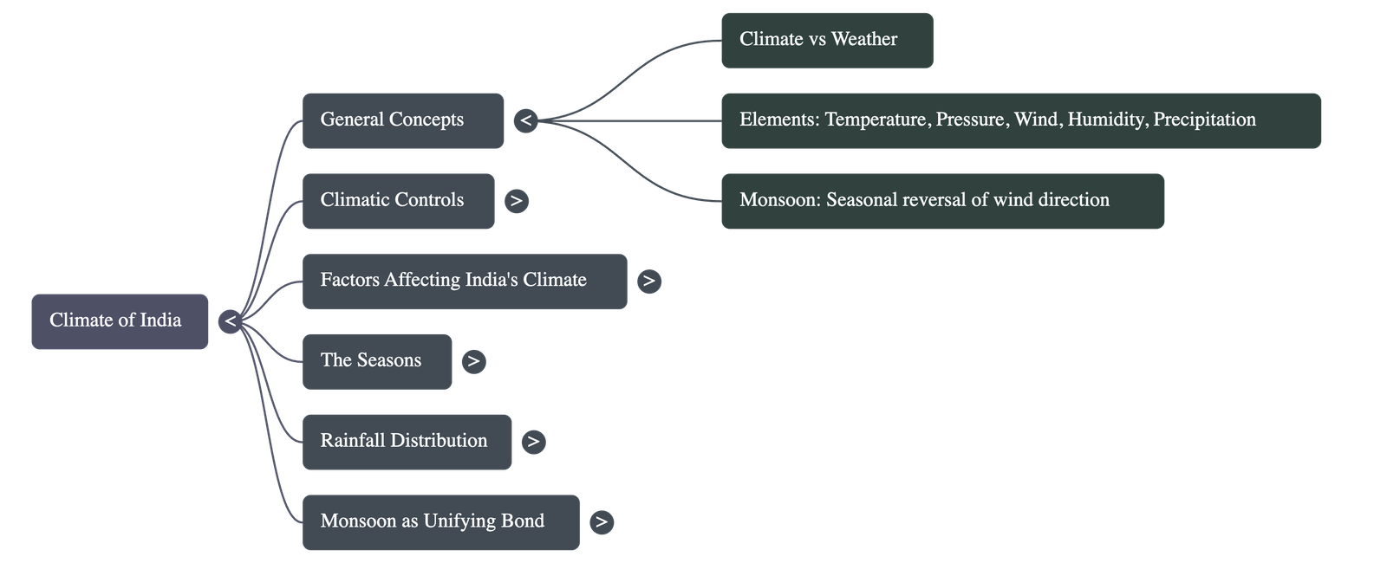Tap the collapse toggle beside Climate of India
point(230,321)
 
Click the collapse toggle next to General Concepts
point(525,120)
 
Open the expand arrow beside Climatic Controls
point(517,200)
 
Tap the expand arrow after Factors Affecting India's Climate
point(648,281)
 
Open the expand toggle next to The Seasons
point(473,361)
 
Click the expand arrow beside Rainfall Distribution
point(533,442)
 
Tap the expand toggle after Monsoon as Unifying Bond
point(601,522)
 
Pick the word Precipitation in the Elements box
point(1204,120)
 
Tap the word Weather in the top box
point(864,39)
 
